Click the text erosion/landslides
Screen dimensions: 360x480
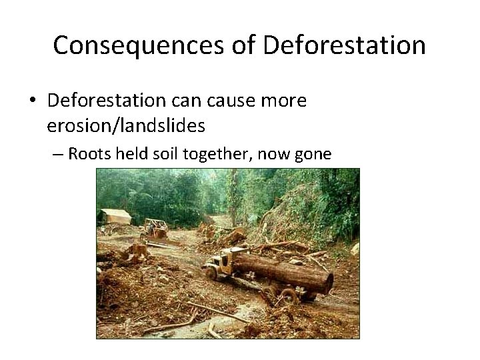coord(125,125)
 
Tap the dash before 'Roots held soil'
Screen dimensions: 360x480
coord(57,155)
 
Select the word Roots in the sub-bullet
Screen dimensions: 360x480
coord(89,155)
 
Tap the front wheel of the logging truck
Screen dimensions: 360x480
coord(212,273)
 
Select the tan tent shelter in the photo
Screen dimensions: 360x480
coord(115,216)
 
